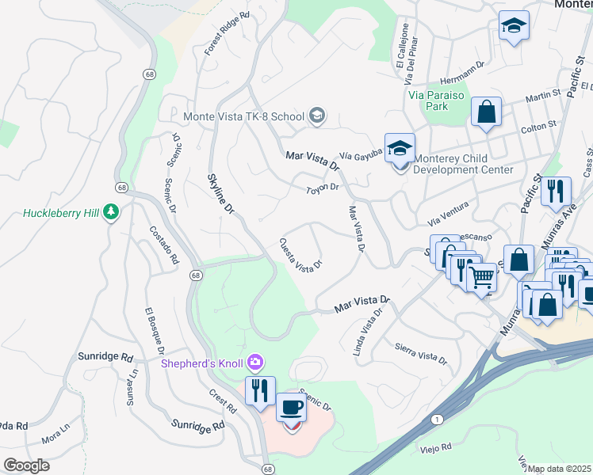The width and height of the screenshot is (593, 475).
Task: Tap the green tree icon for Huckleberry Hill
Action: click(112, 211)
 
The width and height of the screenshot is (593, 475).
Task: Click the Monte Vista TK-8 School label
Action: click(243, 116)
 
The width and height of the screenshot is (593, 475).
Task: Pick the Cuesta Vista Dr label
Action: click(300, 255)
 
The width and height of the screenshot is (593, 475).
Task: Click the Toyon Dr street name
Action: click(323, 188)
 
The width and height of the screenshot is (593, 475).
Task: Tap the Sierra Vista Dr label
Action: click(420, 352)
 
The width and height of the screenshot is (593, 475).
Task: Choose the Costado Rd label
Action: click(164, 245)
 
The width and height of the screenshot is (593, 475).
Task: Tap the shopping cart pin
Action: click(482, 278)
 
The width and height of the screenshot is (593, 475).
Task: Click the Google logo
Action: click(26, 465)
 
